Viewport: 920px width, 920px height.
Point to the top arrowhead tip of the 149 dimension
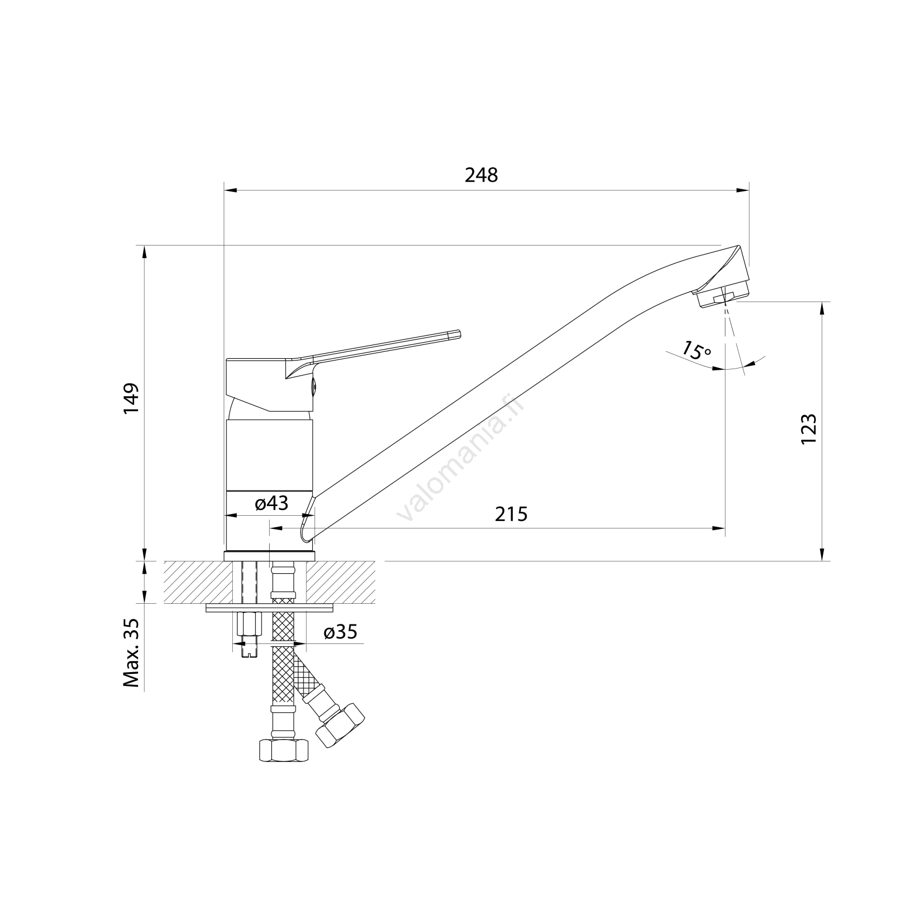coord(144,246)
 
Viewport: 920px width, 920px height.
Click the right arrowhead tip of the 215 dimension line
coord(724,528)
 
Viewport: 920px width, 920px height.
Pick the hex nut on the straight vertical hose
coord(282,749)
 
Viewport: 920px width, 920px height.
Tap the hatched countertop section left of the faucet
coord(199,582)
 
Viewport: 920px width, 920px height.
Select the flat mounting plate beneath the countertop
coord(269,608)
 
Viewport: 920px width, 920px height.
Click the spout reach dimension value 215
coord(511,513)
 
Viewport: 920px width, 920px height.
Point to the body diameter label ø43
coord(271,504)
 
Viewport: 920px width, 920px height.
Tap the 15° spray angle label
coord(697,350)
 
